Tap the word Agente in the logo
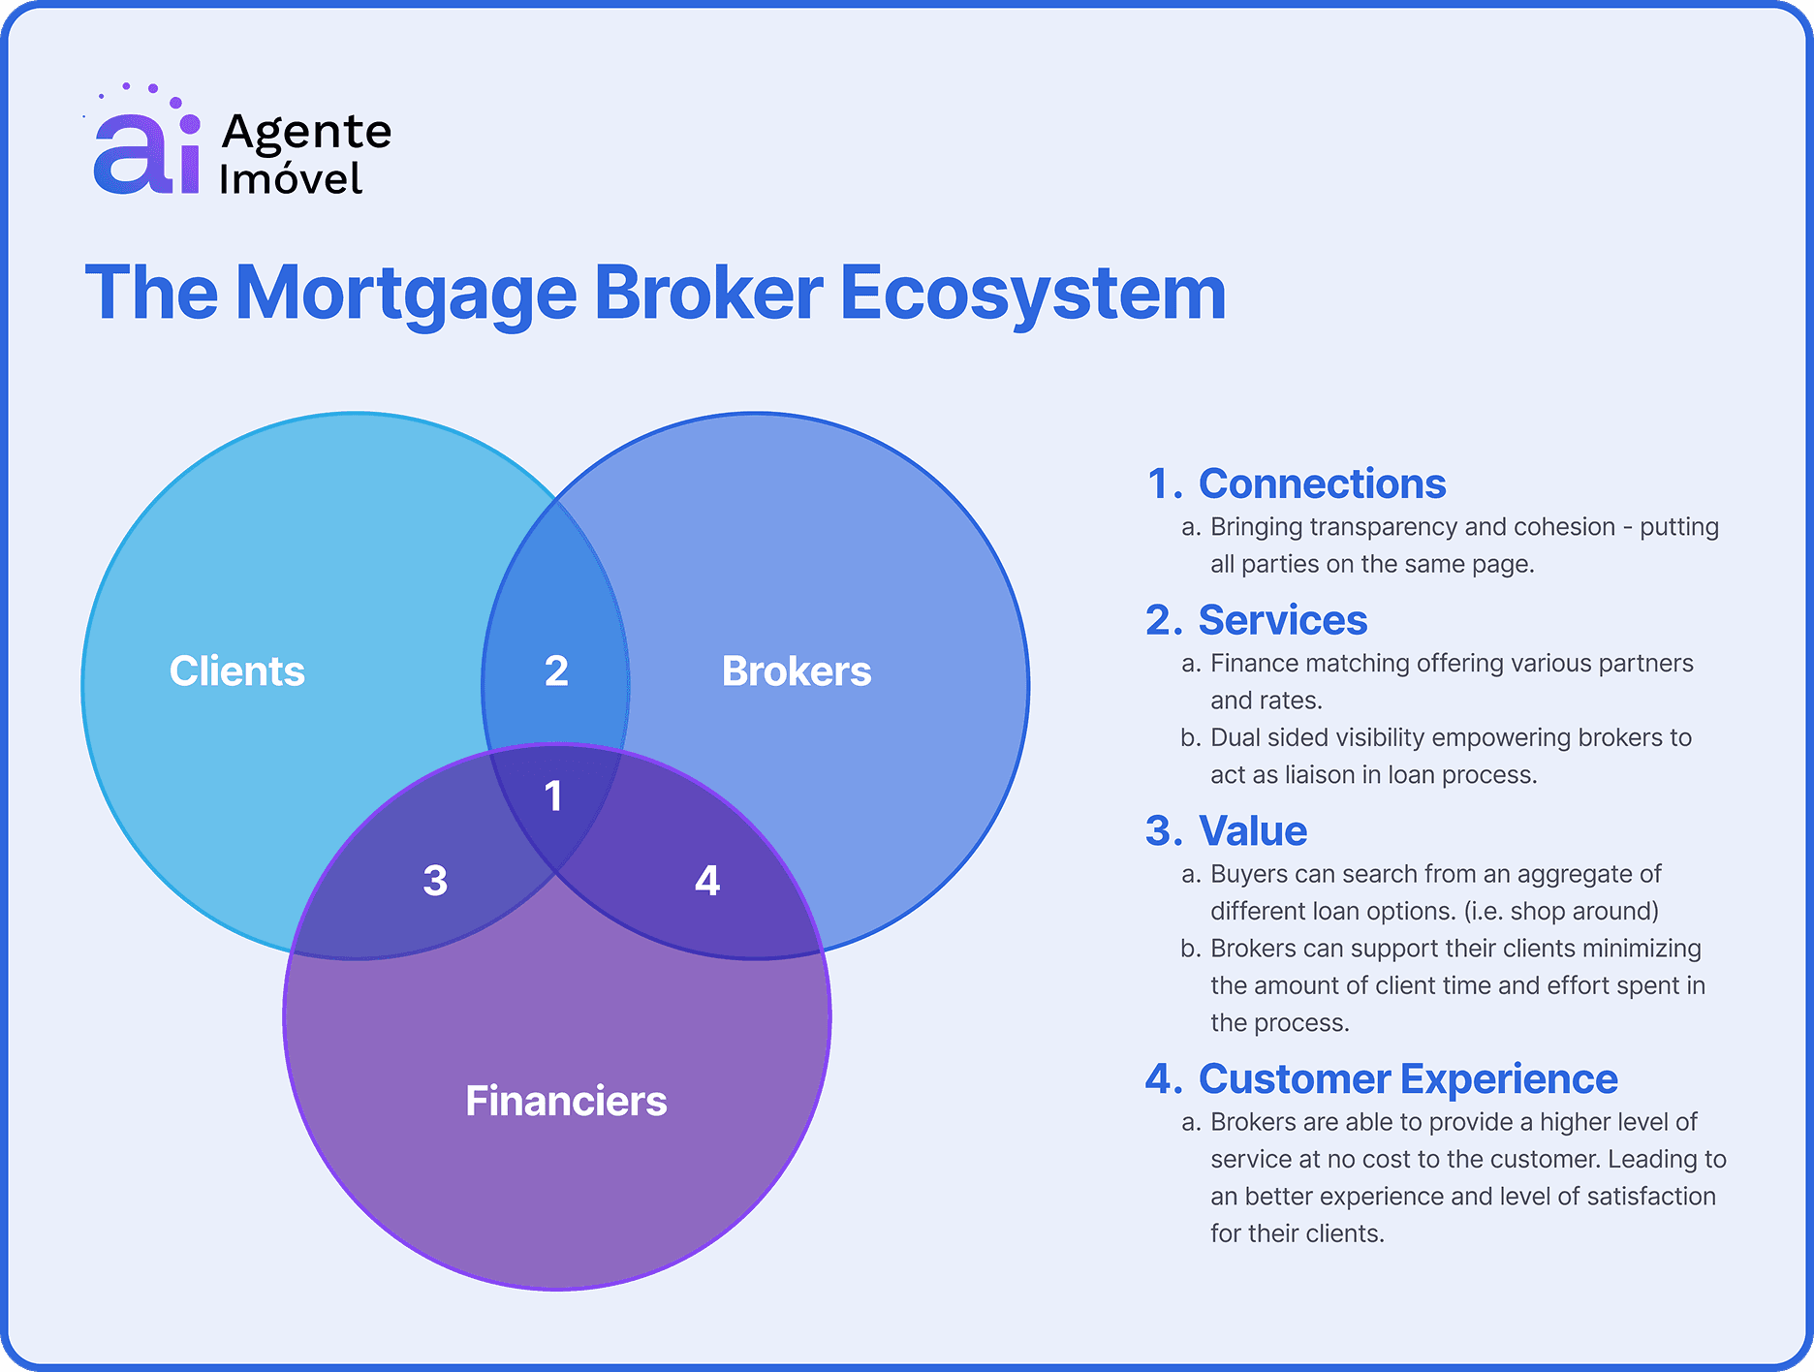(306, 132)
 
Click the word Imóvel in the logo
(291, 179)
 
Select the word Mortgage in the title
(406, 293)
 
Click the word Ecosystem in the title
(1032, 293)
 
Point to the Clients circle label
(236, 670)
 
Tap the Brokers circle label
(797, 670)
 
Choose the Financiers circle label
(566, 1101)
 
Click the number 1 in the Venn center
(553, 796)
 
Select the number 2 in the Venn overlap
(556, 670)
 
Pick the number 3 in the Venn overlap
(435, 881)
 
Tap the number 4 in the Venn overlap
(707, 881)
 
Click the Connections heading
(1322, 483)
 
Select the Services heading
(1282, 620)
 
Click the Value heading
(1252, 831)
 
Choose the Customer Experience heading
(1407, 1078)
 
